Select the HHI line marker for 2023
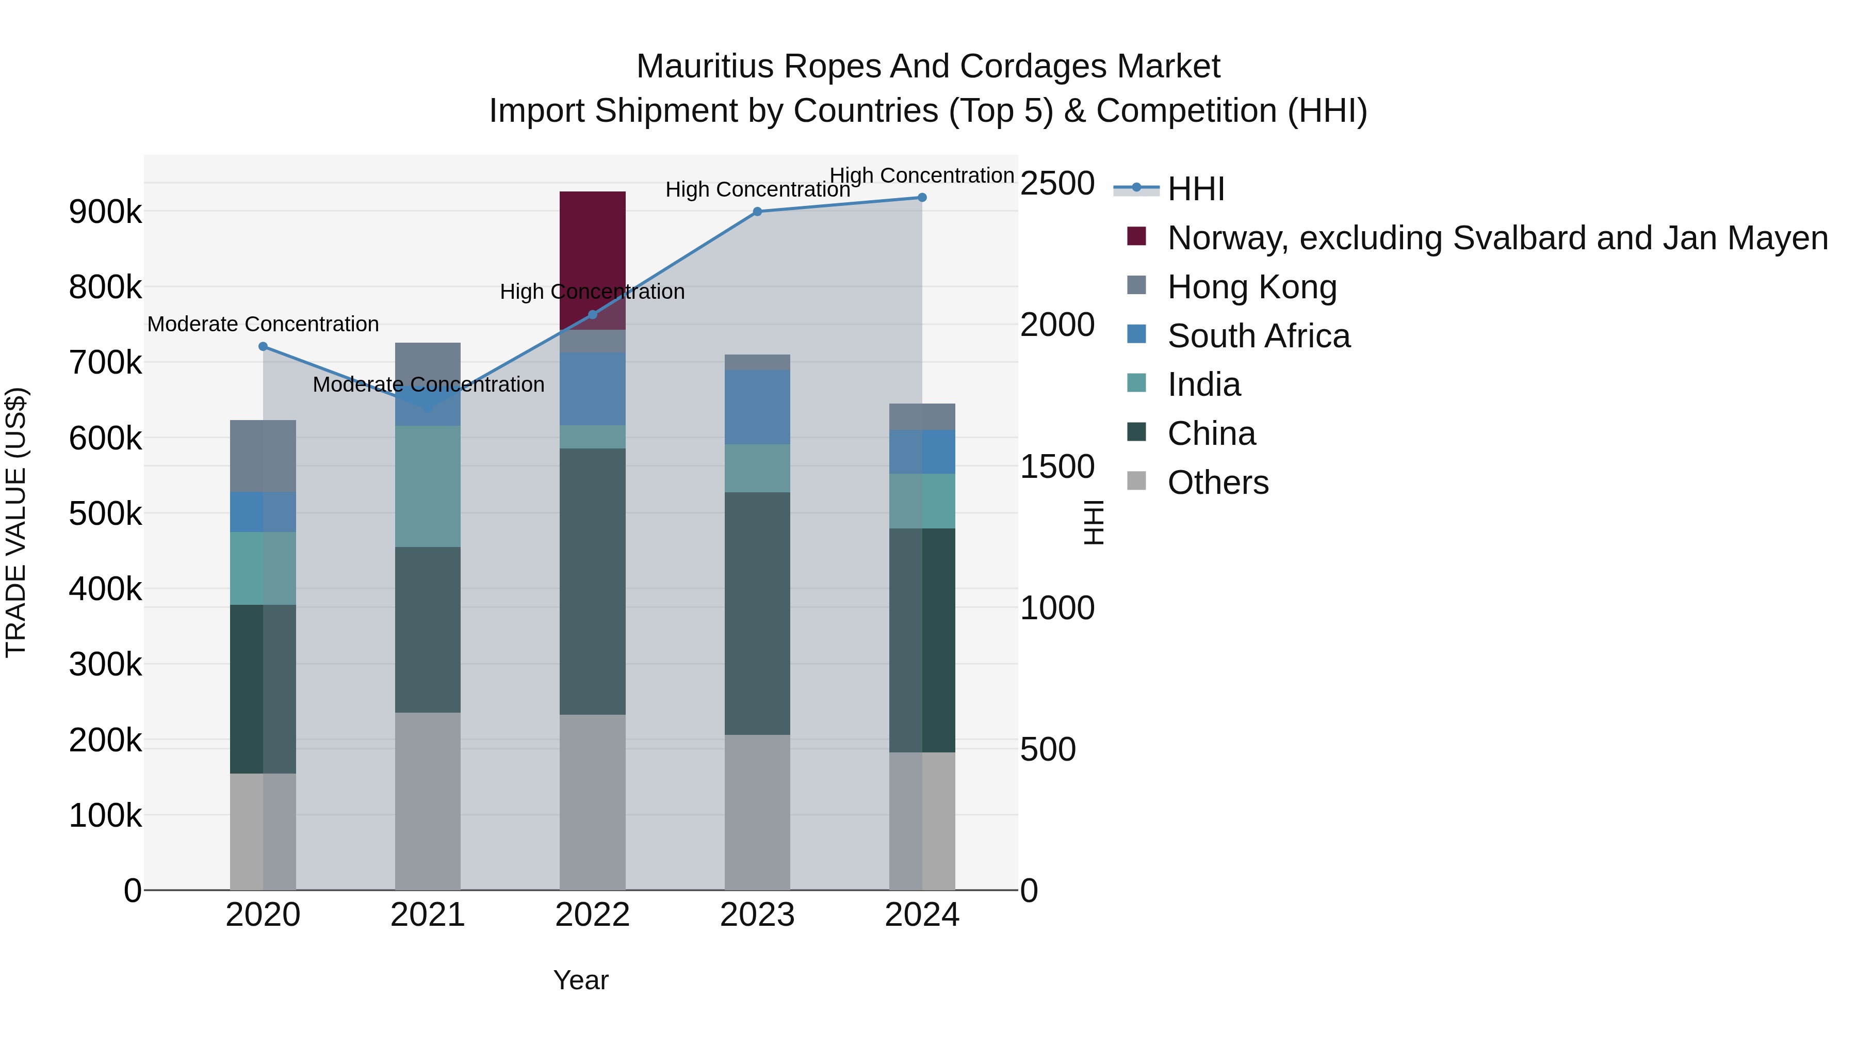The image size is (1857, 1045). pos(757,211)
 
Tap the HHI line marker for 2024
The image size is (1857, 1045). pos(922,198)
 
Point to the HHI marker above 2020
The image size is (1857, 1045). pos(263,347)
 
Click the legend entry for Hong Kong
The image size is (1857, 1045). pos(1252,287)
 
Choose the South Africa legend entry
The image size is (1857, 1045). pos(1259,336)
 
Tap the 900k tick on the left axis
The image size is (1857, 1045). pos(105,212)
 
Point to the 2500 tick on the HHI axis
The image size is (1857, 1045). pos(1057,184)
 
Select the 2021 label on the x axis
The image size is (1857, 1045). pos(428,915)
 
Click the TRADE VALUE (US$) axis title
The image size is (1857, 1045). pos(16,522)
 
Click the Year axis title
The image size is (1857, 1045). pos(580,980)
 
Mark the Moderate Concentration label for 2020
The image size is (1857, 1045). pos(263,325)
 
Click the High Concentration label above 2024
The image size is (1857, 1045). pos(922,176)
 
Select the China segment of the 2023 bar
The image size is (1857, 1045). pos(757,613)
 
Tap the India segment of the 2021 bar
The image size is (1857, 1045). pos(428,486)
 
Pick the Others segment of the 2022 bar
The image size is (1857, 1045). pos(593,802)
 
